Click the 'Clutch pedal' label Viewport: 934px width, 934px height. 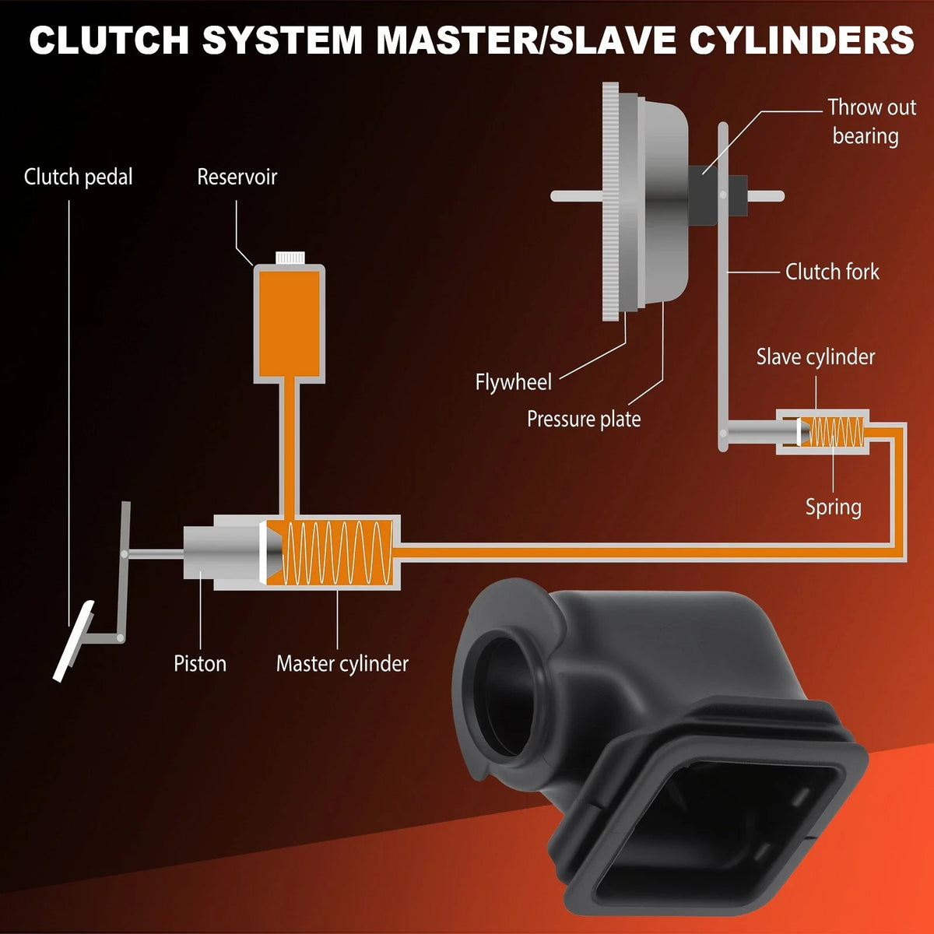point(78,177)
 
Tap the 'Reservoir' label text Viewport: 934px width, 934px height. point(237,177)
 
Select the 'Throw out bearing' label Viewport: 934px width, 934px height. point(872,121)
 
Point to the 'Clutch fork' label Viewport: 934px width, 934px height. point(832,272)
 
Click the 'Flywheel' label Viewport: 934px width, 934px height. point(513,382)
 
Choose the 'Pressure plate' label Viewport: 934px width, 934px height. point(584,419)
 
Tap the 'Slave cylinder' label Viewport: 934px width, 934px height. point(816,357)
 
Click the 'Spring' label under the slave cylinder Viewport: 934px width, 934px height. point(833,507)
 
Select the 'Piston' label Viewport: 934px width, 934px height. point(200,663)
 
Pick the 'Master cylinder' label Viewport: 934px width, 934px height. point(342,664)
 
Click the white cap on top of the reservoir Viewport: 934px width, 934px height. point(290,258)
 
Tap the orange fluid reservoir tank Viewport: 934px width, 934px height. point(290,323)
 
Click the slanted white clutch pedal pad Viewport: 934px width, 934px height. point(73,641)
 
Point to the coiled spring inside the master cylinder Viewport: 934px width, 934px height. point(339,553)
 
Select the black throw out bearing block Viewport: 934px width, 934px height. point(702,195)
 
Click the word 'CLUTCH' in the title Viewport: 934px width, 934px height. point(109,40)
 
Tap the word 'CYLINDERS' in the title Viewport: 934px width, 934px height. point(802,40)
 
